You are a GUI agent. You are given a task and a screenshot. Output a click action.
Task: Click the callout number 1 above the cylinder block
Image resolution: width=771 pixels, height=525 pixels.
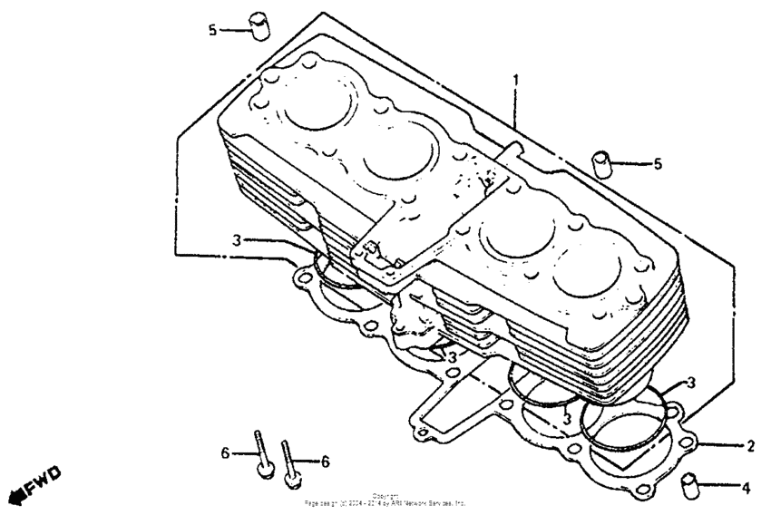[x=515, y=81]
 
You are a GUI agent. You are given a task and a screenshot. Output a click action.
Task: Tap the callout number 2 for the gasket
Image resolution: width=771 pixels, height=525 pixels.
[x=750, y=446]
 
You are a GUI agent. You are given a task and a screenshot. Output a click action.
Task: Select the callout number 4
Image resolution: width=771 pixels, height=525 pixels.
[x=746, y=489]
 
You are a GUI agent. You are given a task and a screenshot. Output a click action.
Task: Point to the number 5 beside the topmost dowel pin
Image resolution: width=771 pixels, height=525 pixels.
[x=212, y=30]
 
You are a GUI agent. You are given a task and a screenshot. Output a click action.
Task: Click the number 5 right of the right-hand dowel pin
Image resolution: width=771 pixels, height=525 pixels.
[x=658, y=164]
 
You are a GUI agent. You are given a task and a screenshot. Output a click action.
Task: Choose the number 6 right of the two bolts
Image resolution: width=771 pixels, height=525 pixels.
[x=324, y=461]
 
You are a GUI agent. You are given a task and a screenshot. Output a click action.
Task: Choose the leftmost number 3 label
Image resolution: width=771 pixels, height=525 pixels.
[x=236, y=240]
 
